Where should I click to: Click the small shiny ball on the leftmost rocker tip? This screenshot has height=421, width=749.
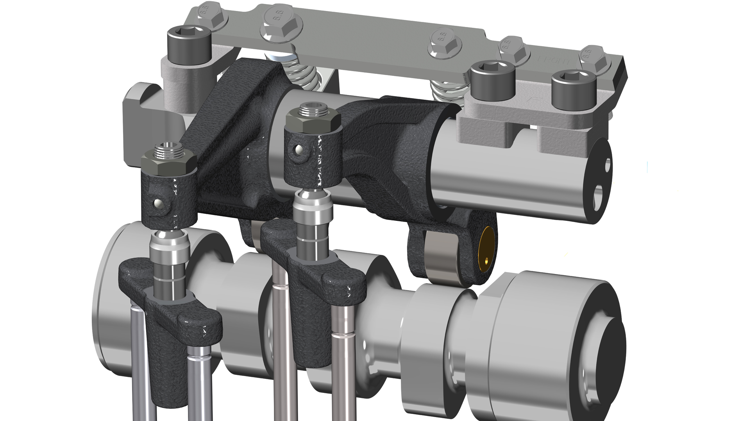[x=157, y=204]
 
